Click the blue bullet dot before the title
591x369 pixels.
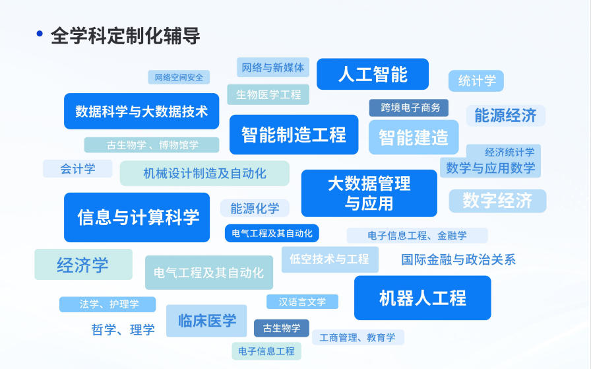[40, 34]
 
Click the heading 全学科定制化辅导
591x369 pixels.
[125, 36]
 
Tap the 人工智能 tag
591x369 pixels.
[373, 74]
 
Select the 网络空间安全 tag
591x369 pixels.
[179, 77]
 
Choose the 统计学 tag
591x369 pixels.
[476, 81]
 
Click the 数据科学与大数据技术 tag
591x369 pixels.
[141, 111]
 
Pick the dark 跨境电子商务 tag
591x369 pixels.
[409, 108]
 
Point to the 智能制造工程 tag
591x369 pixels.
[294, 135]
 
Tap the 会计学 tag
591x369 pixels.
[78, 169]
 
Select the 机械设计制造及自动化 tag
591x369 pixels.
[204, 173]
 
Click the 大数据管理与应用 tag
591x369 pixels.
[369, 193]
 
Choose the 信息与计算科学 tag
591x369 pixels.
[137, 217]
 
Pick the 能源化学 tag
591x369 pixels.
[255, 209]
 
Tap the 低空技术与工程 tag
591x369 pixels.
[330, 259]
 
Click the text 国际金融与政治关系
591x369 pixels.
[458, 259]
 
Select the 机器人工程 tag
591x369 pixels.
[422, 298]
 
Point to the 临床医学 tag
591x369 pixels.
[206, 321]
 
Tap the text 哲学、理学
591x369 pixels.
[123, 329]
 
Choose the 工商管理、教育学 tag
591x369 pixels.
[358, 337]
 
